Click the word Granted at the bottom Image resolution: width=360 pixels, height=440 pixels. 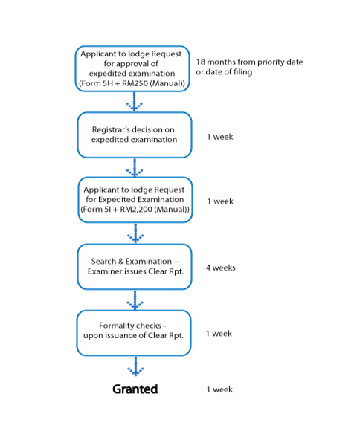coord(135,389)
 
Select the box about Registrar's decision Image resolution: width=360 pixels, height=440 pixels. coord(135,135)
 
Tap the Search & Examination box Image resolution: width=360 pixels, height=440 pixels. coord(135,267)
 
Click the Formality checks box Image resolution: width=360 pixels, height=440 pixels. coord(134,333)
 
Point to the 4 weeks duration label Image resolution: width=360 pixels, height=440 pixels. coord(220,268)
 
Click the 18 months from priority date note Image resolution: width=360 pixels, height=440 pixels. coord(249,67)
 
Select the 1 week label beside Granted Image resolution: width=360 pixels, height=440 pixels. coord(219,389)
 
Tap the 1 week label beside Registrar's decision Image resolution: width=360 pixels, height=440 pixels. coord(220,137)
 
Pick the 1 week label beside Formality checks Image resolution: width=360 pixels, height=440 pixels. coord(219,334)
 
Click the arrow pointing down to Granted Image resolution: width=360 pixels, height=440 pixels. coord(135,366)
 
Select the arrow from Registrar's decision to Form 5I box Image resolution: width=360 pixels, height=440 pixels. coord(135,168)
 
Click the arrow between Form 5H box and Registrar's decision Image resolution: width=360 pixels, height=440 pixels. coord(134,102)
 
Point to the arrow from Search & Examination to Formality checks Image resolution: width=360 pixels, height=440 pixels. coord(135,300)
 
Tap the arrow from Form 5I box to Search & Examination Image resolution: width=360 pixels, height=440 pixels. coord(135,233)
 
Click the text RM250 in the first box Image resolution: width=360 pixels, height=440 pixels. coord(135,83)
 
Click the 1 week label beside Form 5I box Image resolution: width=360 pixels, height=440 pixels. coord(220,201)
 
